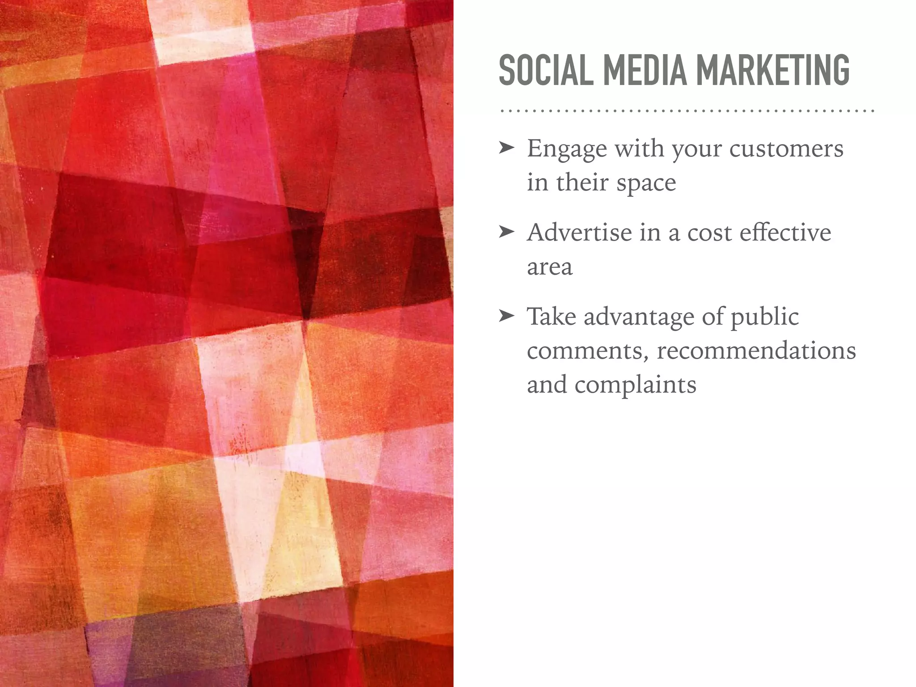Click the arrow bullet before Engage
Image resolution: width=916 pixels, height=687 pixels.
507,148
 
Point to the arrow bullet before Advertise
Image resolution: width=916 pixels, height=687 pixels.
507,232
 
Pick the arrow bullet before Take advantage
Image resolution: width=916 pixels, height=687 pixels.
507,316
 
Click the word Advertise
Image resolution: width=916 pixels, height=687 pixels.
579,233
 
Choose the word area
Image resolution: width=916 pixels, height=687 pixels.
550,267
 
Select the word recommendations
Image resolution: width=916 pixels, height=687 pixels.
756,351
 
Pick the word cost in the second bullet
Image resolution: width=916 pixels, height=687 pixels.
708,233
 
